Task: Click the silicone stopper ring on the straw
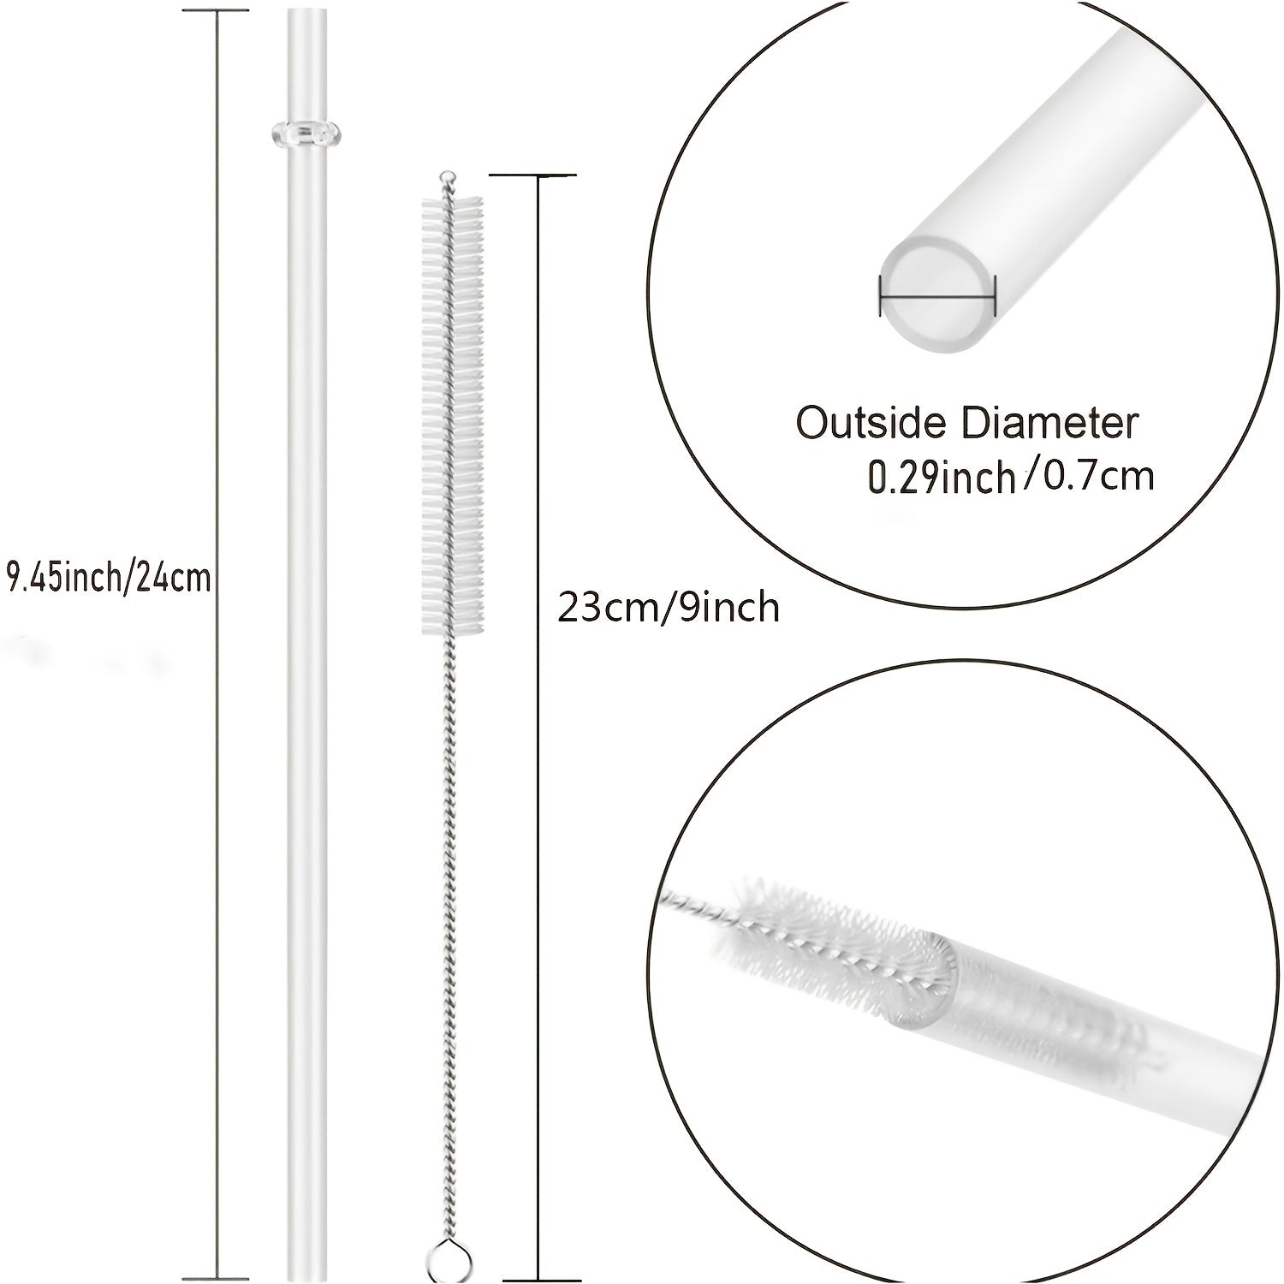tap(305, 132)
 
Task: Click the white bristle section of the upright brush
tap(451, 415)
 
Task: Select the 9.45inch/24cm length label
tap(109, 579)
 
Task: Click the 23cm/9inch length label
tap(669, 608)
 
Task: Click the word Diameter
tap(1042, 424)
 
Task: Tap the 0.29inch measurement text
tap(942, 477)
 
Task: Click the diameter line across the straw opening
tap(937, 297)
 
